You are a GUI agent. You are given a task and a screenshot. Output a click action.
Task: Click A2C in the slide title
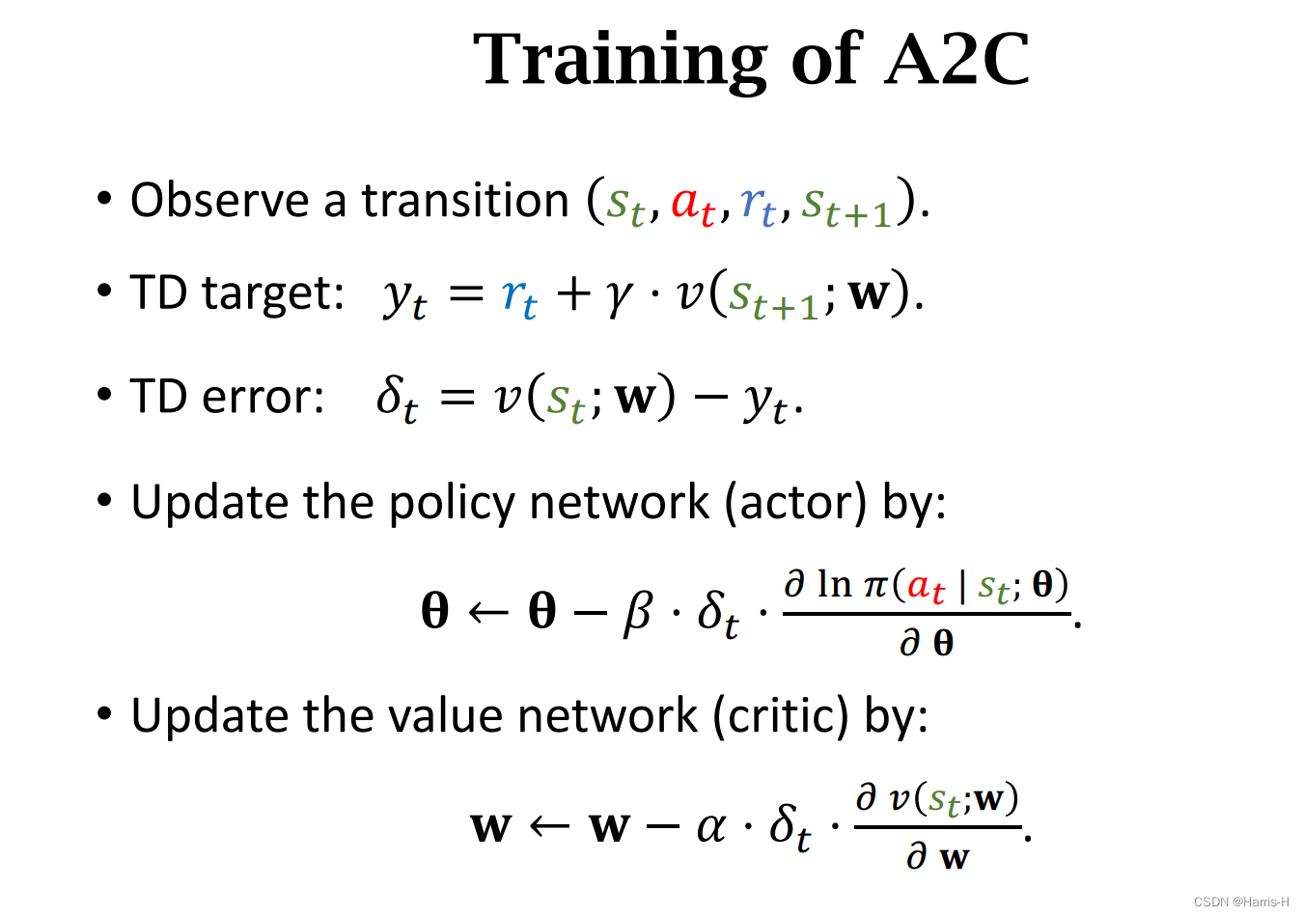pos(956,60)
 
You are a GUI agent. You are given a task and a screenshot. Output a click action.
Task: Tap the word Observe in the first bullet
pos(220,201)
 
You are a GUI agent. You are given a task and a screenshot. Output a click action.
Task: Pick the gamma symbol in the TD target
pos(619,295)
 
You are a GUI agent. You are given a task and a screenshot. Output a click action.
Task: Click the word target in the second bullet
pos(273,292)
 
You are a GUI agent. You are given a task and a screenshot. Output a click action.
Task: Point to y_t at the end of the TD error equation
pos(765,400)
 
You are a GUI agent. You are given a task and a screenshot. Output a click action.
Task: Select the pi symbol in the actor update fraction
pos(875,585)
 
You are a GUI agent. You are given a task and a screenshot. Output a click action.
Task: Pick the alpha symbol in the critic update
pos(711,826)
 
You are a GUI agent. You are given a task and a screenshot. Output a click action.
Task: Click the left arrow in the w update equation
pos(550,826)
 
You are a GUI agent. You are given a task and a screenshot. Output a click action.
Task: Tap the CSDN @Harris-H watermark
pos(1240,902)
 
